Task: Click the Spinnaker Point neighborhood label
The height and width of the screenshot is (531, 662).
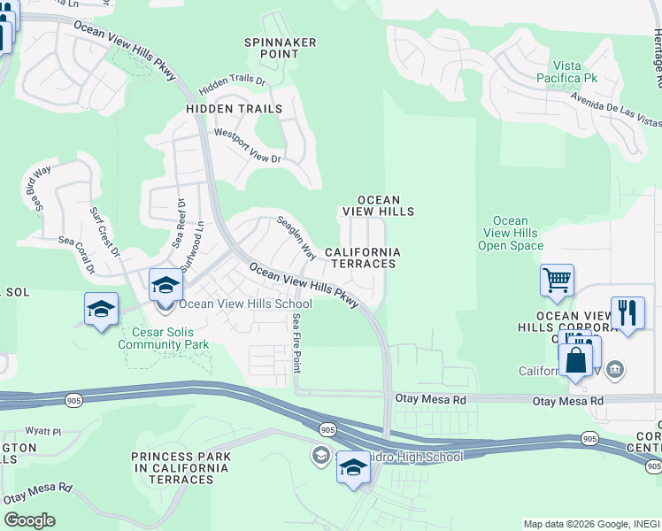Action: click(273, 47)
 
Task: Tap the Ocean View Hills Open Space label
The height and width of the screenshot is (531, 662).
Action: click(510, 233)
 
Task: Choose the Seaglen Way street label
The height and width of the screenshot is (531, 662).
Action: click(296, 238)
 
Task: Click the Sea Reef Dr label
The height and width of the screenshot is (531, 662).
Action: click(181, 223)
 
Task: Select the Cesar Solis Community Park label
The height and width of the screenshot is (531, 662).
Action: click(165, 338)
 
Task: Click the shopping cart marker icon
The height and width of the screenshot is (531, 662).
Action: click(557, 281)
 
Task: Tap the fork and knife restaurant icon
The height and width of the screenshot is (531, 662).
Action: click(627, 312)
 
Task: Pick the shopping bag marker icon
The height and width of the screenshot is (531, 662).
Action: click(575, 361)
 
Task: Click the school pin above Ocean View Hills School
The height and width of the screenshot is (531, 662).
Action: click(165, 286)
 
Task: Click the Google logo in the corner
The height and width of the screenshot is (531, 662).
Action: click(29, 520)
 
